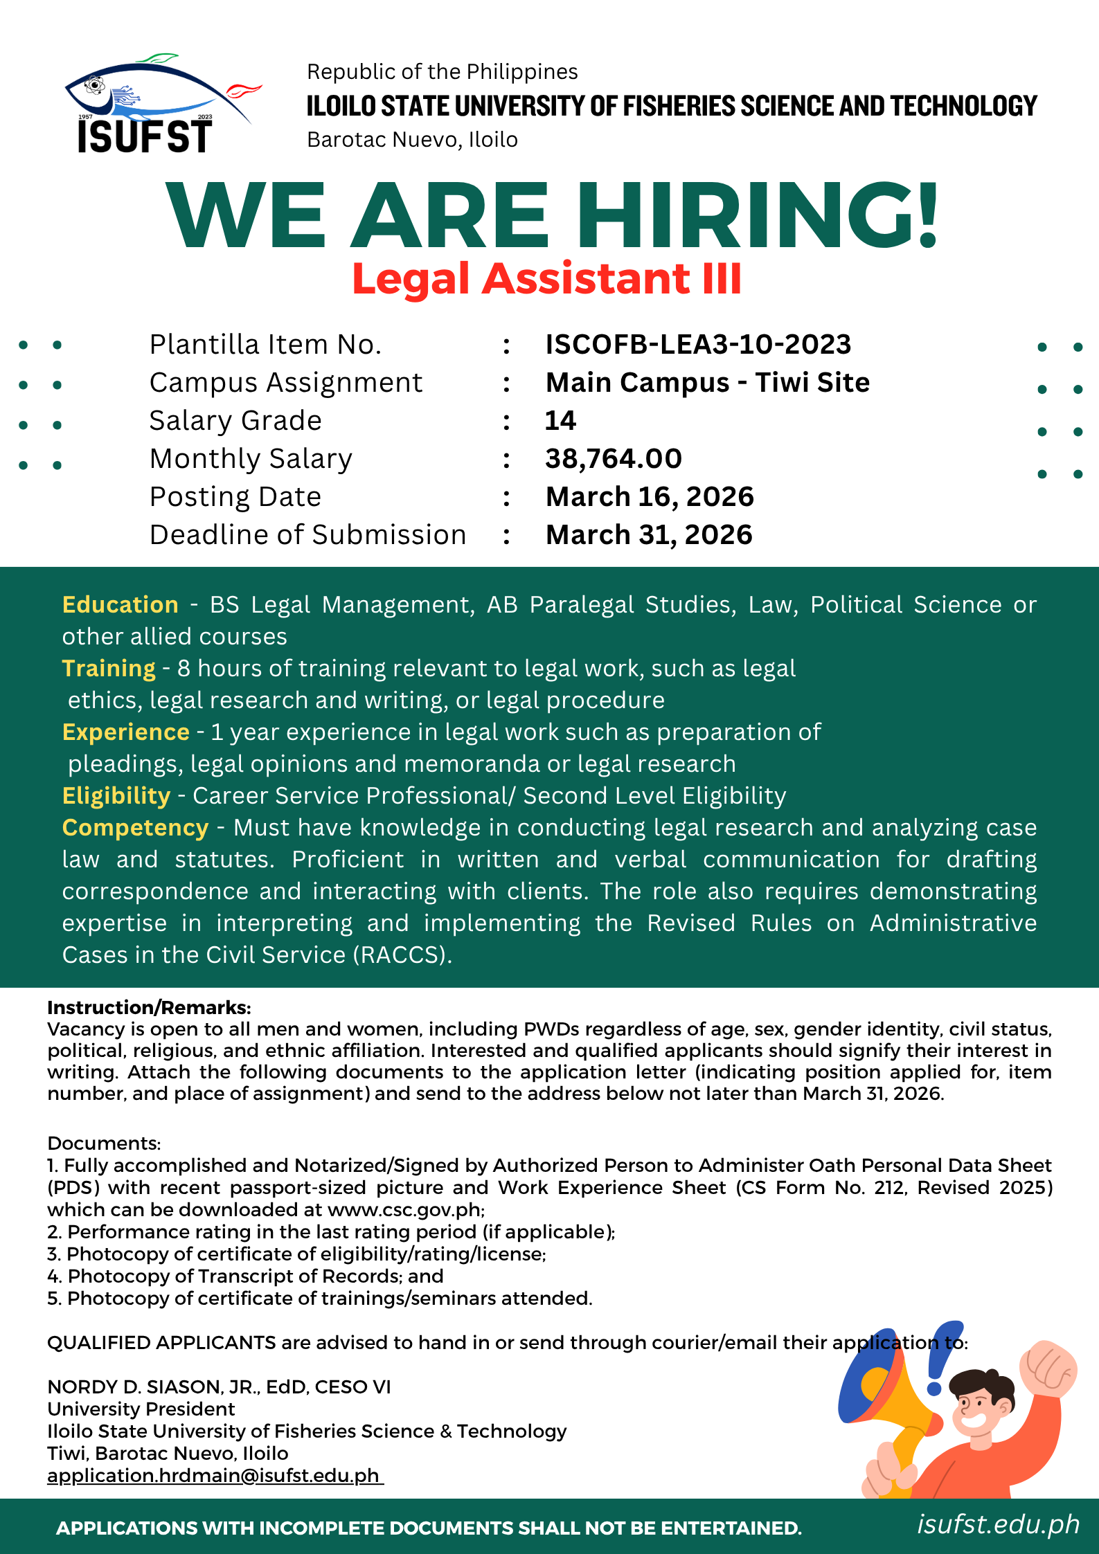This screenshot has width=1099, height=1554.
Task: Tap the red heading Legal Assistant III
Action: (546, 278)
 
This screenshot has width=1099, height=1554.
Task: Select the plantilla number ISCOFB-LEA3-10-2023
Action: (698, 345)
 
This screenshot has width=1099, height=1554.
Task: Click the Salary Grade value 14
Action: (560, 421)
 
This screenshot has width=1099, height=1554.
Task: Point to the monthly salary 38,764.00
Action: (613, 459)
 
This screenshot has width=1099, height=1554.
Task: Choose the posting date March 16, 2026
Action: (649, 497)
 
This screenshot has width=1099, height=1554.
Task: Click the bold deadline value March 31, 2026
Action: (648, 535)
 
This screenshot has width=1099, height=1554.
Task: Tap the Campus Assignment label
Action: (285, 383)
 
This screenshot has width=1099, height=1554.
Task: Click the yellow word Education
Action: (120, 605)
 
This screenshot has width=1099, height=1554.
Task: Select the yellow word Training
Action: (109, 669)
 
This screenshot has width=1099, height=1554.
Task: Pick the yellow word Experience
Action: (125, 732)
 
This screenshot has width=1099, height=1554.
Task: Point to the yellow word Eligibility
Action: (116, 796)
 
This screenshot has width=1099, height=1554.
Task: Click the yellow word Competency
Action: (135, 828)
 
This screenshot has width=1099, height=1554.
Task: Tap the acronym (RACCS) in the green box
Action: (402, 955)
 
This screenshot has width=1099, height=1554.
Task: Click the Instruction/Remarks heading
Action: (149, 1008)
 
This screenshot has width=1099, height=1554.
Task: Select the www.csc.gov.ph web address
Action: (405, 1210)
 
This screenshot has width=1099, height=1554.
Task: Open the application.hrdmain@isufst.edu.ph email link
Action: (214, 1476)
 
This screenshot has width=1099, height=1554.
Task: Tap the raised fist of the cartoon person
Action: (1048, 1367)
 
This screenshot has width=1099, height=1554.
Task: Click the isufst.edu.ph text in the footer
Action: (998, 1524)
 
